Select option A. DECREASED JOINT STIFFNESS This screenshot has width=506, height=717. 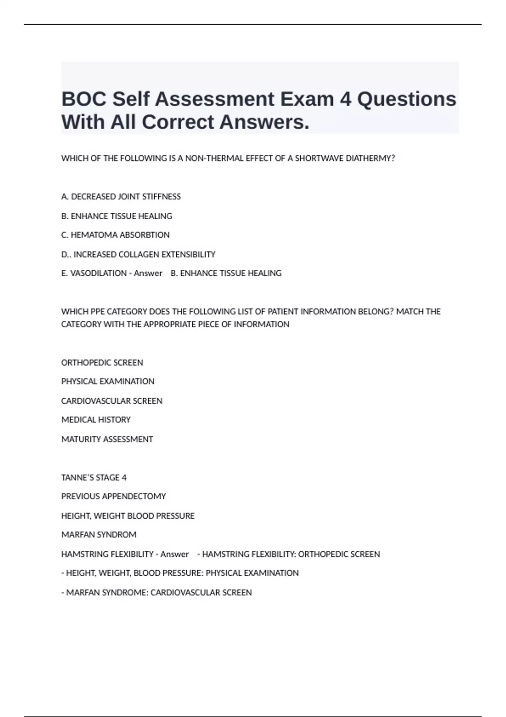point(121,197)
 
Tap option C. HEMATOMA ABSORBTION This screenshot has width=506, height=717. point(116,235)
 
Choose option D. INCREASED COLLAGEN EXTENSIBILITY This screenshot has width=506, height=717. point(138,254)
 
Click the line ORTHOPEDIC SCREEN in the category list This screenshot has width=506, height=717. point(102,363)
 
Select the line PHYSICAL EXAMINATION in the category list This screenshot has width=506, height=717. point(108,381)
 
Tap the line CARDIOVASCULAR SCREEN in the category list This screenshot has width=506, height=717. point(112,401)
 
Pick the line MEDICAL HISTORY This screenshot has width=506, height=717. point(96,420)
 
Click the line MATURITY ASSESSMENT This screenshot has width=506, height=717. point(107,439)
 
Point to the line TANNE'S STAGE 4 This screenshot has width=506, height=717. point(94,477)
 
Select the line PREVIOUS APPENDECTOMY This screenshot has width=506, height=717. point(113,496)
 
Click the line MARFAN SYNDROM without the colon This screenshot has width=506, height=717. point(99,535)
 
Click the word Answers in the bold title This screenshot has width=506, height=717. point(264,122)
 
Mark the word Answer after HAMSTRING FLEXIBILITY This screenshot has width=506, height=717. point(175,554)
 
